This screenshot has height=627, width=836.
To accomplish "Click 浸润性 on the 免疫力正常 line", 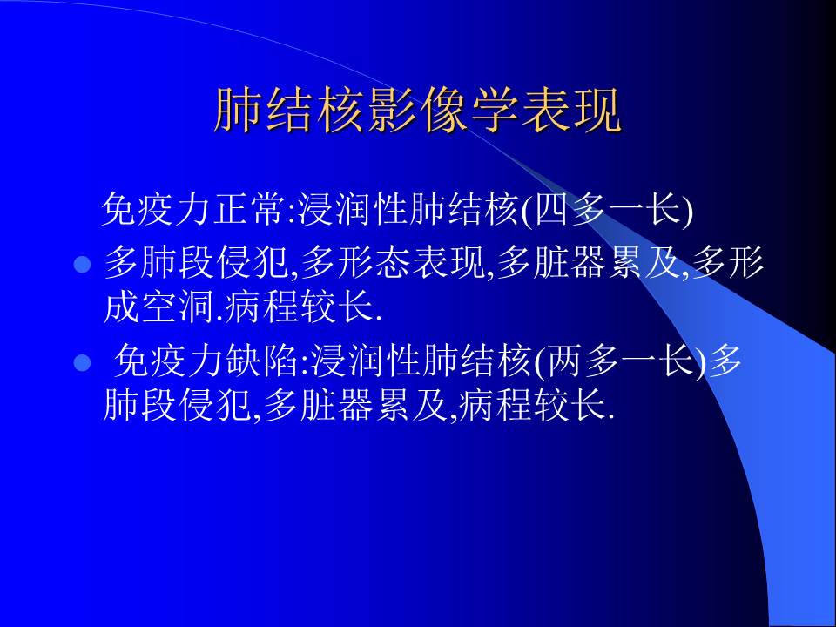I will [x=344, y=211].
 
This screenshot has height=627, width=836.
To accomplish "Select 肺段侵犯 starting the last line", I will [x=178, y=406].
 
